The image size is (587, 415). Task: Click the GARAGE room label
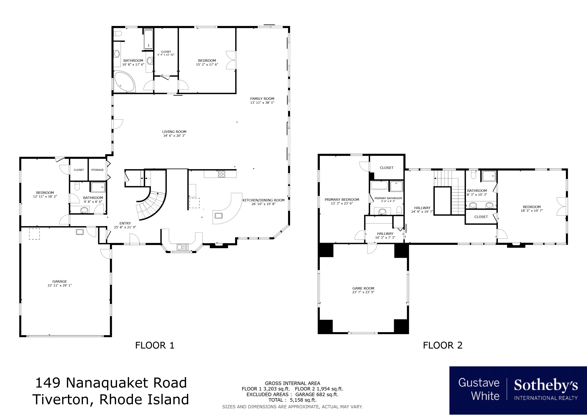[x=60, y=281]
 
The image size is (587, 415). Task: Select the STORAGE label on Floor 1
[x=97, y=170]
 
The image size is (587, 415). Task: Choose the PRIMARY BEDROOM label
[x=342, y=200]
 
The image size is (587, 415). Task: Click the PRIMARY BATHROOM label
[x=388, y=198]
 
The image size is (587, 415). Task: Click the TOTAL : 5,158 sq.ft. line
[x=292, y=400]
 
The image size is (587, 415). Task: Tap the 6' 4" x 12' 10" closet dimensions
[x=166, y=55]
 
